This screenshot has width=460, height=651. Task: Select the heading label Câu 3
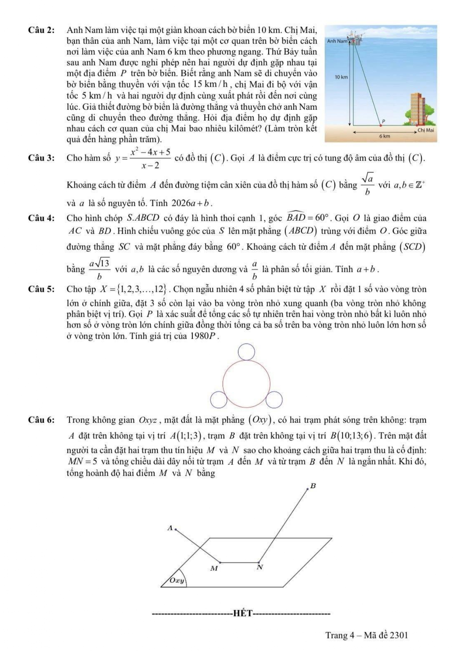[41, 158]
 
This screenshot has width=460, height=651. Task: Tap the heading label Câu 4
[41, 218]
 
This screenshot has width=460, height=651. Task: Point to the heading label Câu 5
[41, 289]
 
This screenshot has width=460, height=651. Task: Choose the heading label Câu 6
[41, 420]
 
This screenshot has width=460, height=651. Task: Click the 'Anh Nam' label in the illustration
[337, 41]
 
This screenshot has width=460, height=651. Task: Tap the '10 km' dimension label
[341, 77]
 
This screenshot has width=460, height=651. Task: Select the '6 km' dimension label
[384, 136]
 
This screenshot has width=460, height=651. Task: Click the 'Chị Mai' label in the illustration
[425, 130]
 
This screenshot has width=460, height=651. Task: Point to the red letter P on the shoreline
[384, 121]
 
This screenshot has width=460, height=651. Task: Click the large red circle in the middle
[246, 384]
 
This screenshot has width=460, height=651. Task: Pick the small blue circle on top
[246, 352]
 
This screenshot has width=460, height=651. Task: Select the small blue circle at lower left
[219, 400]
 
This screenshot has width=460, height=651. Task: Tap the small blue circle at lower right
[274, 400]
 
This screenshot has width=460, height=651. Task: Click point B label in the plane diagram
[313, 486]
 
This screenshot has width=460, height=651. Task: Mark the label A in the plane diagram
[170, 528]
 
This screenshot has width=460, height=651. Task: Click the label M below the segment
[214, 568]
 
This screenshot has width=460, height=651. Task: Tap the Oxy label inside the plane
[177, 581]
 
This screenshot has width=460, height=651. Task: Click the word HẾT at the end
[242, 613]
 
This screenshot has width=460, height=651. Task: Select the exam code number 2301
[399, 635]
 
